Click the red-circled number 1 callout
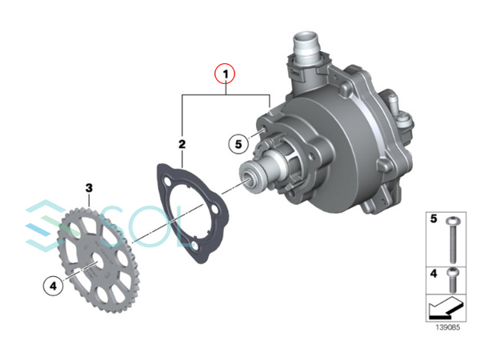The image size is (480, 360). (226, 74)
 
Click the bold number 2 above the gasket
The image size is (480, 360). (182, 144)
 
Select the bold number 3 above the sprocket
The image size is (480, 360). (89, 188)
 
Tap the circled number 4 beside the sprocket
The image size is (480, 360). (54, 286)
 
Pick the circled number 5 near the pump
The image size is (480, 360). (238, 144)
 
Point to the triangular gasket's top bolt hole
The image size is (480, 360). (167, 182)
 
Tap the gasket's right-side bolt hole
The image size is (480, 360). (215, 210)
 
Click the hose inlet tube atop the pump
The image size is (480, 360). (306, 46)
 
